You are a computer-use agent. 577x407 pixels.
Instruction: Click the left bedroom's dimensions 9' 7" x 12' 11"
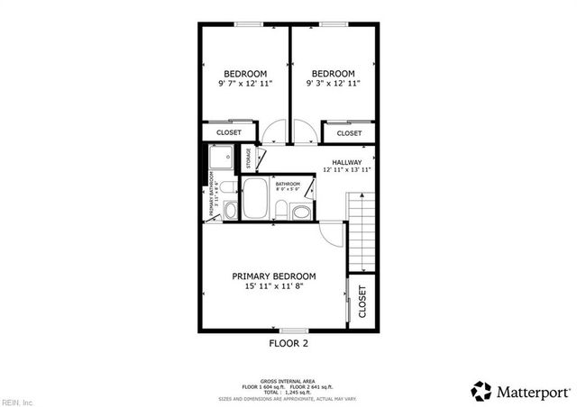(244, 83)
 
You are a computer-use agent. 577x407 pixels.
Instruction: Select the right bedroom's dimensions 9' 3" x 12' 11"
(333, 83)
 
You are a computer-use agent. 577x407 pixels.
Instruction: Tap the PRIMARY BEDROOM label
(274, 276)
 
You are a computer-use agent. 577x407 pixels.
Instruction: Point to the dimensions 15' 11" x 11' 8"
(274, 286)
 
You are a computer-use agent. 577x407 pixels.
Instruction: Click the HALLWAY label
(347, 162)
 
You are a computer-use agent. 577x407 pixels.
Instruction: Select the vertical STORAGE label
(249, 158)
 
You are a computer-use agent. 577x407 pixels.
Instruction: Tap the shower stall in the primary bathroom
(220, 159)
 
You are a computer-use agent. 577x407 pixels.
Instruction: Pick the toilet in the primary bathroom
(230, 211)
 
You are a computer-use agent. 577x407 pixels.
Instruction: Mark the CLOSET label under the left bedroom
(228, 133)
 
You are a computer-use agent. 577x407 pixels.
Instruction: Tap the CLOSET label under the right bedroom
(349, 133)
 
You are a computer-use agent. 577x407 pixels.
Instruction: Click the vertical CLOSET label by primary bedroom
(362, 303)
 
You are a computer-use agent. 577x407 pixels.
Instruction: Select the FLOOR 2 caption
(288, 343)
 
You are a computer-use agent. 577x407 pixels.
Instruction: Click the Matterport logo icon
(481, 391)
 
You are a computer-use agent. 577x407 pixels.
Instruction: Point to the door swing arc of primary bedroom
(334, 236)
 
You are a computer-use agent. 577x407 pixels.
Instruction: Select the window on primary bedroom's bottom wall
(288, 330)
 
